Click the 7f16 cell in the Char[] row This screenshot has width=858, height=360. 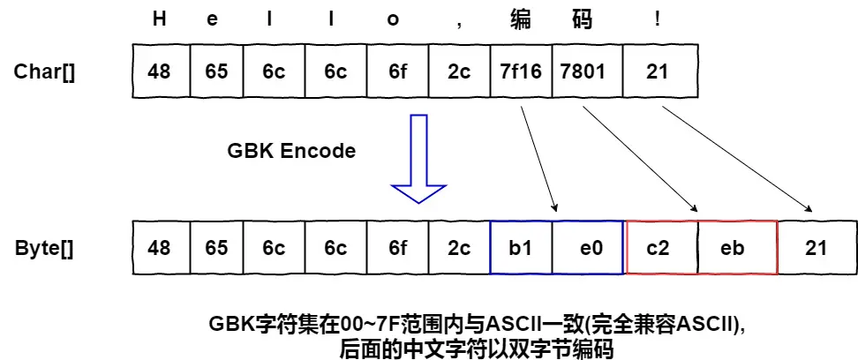point(521,72)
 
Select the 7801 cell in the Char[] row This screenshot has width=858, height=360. point(583,72)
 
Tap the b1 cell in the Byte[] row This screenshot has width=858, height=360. point(521,248)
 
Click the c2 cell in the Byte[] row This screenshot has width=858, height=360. point(659,248)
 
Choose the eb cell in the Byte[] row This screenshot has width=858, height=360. point(733,248)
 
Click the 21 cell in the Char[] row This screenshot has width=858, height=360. point(656,72)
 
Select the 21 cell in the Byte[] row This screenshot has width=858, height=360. point(817,248)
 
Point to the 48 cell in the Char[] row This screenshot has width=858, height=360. point(160,72)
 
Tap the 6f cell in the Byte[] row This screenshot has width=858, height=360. point(398,248)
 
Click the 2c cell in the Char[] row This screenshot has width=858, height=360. point(459,72)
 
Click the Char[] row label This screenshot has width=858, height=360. point(44,72)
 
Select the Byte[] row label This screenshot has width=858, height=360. point(44,248)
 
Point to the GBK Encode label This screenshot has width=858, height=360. point(291,151)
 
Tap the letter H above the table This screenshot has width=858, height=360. point(160,19)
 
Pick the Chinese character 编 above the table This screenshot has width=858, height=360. point(521,19)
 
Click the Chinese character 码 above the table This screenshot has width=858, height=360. point(583,19)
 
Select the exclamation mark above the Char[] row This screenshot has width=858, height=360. point(657,19)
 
